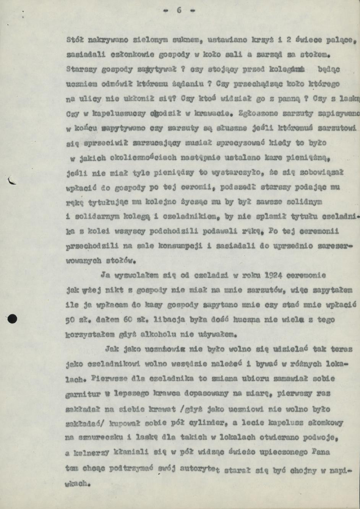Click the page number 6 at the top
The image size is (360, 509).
pyautogui.click(x=179, y=10)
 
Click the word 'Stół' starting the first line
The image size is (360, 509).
pyautogui.click(x=75, y=39)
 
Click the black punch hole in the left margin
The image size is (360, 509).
pyautogui.click(x=12, y=318)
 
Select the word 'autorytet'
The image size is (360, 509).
pyautogui.click(x=199, y=469)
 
